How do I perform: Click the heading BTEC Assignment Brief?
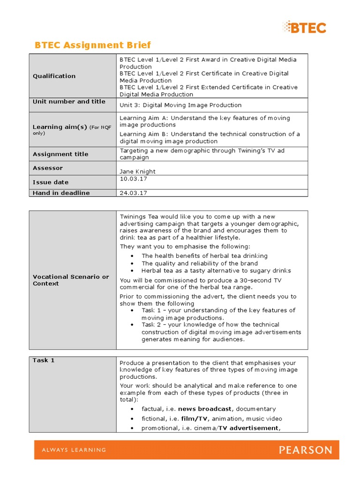tap(93, 45)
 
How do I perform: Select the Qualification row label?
tap(54, 76)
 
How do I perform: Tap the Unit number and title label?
tap(69, 102)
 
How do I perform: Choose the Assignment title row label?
tap(60, 154)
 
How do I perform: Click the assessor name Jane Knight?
tap(137, 172)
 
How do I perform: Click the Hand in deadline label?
tap(61, 193)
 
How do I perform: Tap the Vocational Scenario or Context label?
tap(71, 280)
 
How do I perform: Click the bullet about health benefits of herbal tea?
tap(204, 256)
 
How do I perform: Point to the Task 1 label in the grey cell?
tap(44, 360)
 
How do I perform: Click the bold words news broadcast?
tap(205, 409)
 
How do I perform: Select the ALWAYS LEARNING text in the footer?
tap(74, 450)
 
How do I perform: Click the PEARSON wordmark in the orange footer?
tap(306, 450)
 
